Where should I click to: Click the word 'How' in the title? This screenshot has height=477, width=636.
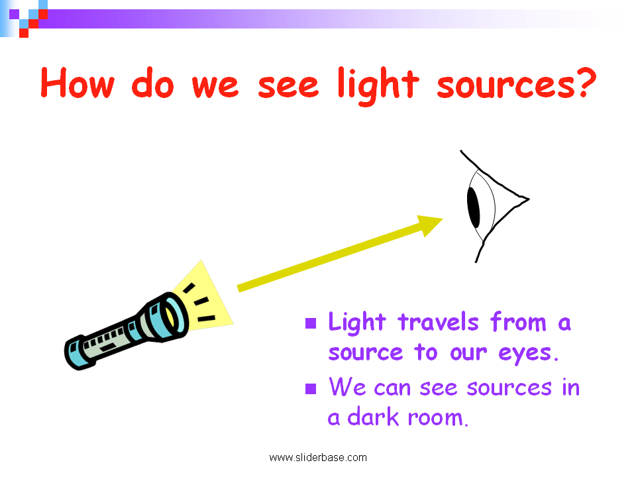[x=78, y=85]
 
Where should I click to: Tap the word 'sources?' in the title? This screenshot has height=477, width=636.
[x=513, y=85]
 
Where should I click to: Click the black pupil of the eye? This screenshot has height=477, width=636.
[x=474, y=207]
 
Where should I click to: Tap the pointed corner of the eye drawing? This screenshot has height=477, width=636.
[x=526, y=197]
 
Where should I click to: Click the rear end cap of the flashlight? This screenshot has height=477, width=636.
[x=76, y=354]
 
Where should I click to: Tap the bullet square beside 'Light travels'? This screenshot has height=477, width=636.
[x=310, y=324]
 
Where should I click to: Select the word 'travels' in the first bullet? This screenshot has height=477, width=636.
[x=438, y=323]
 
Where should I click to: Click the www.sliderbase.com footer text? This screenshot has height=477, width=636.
[x=317, y=457]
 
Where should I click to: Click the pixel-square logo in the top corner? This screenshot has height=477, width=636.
[x=25, y=17]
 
